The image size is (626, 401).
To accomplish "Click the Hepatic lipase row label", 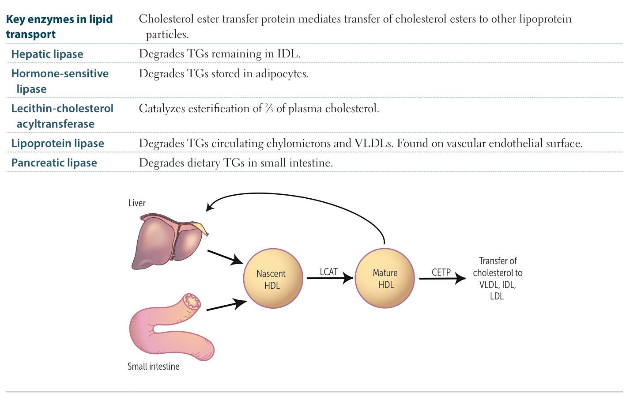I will [47, 54].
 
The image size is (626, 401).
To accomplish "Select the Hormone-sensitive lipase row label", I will [60, 81].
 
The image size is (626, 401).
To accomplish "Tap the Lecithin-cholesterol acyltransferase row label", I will [62, 116].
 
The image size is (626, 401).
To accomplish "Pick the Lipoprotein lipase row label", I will [58, 143].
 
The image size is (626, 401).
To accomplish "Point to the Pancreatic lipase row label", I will [54, 163].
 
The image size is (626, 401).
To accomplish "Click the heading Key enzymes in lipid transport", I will [59, 26].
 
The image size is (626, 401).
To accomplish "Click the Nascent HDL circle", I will [273, 279].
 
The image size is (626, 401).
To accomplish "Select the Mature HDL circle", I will [385, 278].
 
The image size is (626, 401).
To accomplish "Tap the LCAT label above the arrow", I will [328, 272].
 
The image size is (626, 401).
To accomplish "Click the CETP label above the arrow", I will [441, 272].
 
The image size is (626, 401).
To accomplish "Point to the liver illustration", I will [168, 241].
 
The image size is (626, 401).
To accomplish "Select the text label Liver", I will [137, 203].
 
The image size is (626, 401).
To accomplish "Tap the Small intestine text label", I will [153, 367].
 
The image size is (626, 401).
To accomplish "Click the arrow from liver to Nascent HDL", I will [225, 257].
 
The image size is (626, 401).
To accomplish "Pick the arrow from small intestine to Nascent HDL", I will [226, 305].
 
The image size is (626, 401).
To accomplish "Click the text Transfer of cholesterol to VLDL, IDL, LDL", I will [497, 279].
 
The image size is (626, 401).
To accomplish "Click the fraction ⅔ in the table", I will [269, 109].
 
